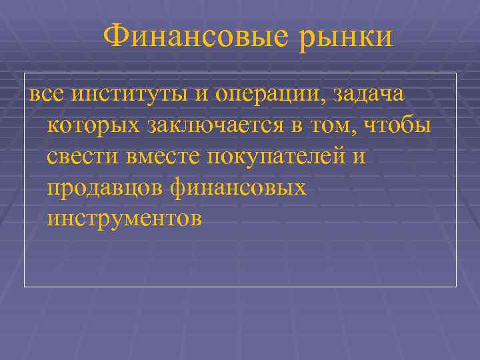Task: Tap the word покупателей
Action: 275,158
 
